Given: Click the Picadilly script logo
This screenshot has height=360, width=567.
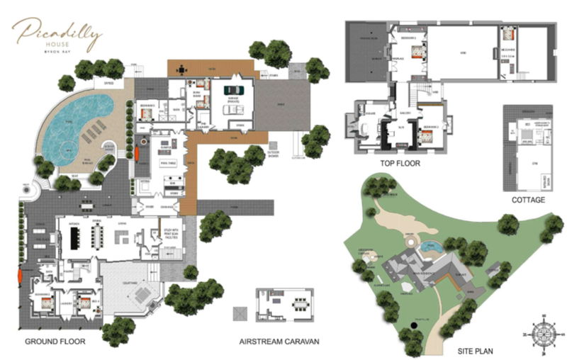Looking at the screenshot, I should [x=57, y=31].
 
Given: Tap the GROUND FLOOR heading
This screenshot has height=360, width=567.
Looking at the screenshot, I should [x=55, y=342].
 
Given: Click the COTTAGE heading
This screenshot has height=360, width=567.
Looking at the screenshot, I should [x=528, y=201].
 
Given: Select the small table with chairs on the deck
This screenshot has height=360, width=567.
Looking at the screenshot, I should [x=182, y=69].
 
